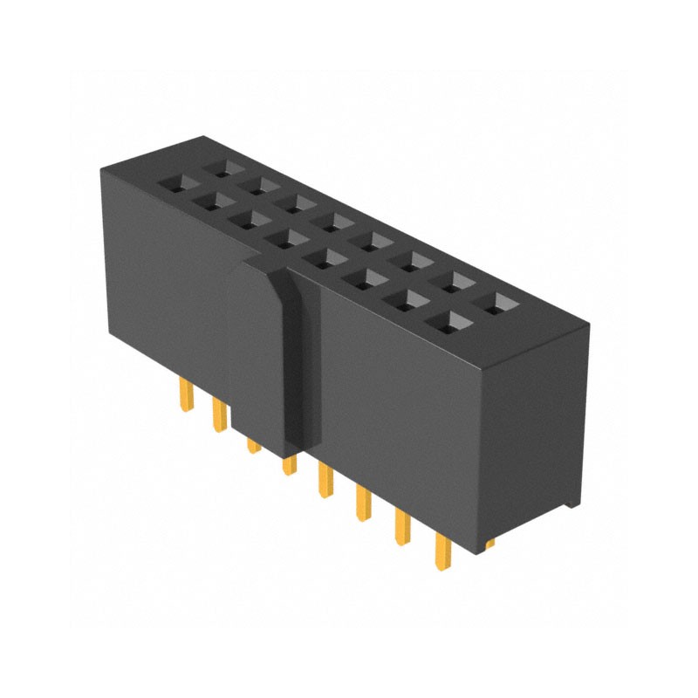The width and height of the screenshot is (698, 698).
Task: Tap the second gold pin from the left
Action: click(218, 414)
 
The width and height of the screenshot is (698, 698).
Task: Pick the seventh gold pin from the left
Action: click(402, 527)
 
